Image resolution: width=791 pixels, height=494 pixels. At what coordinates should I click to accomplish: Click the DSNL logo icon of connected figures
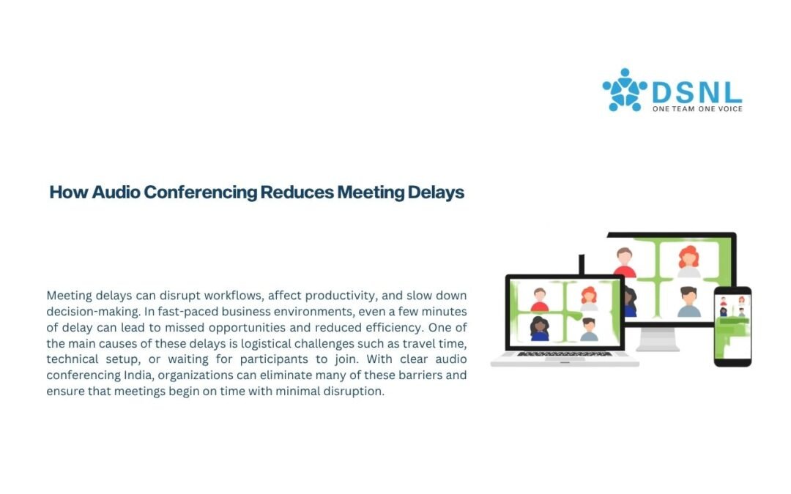(624, 90)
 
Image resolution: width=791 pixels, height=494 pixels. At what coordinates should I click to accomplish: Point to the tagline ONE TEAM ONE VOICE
(697, 109)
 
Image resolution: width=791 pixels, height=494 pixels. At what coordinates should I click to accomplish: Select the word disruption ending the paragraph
(357, 392)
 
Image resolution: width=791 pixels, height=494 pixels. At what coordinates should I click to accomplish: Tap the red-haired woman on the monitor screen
(688, 261)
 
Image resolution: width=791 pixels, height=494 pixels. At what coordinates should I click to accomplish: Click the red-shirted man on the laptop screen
(540, 299)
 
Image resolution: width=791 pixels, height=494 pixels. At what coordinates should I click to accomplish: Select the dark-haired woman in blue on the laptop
(540, 329)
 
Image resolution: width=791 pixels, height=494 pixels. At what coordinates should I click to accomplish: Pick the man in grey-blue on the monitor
(688, 302)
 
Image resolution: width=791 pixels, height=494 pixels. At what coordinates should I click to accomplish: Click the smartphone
(732, 326)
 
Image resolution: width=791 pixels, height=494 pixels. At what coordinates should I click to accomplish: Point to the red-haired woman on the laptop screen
(589, 299)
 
